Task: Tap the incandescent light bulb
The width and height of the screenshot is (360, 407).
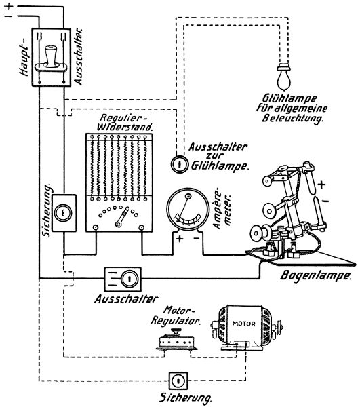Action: [x=284, y=77]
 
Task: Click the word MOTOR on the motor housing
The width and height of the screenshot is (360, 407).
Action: [x=244, y=324]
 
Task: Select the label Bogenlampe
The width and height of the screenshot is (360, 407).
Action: [x=316, y=275]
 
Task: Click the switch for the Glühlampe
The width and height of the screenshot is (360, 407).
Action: [x=180, y=164]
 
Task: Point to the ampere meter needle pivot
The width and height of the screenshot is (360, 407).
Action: [x=188, y=196]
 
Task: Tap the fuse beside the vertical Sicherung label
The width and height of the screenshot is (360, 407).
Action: [x=63, y=213]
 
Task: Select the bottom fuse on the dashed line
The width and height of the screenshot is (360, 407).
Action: [x=178, y=381]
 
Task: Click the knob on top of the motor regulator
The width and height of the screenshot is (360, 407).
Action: [x=176, y=331]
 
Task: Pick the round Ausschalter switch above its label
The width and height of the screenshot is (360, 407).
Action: [x=129, y=279]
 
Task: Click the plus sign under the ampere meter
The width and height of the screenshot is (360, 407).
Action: [x=180, y=238]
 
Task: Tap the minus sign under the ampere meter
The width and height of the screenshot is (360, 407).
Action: [x=197, y=238]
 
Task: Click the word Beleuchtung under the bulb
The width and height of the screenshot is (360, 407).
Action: [x=293, y=118]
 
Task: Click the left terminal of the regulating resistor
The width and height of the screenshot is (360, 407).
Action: [x=96, y=228]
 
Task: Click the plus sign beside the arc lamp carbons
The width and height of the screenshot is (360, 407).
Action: [x=321, y=185]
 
